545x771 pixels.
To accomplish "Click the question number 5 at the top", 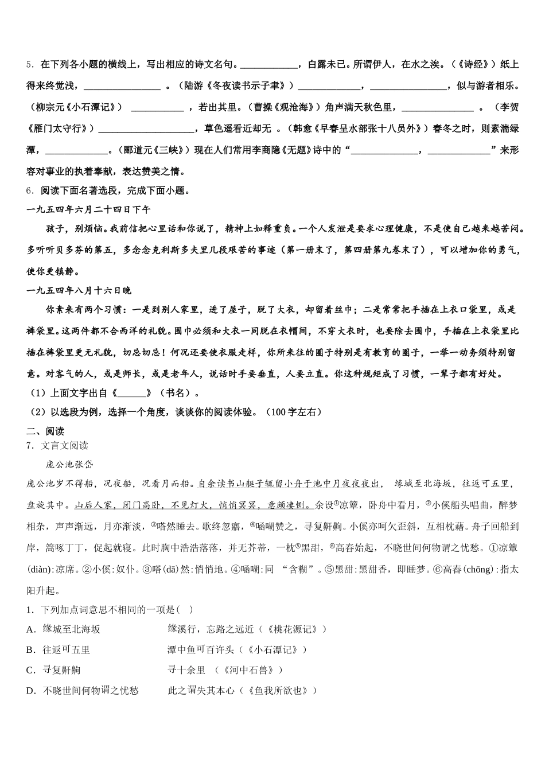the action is [29, 64].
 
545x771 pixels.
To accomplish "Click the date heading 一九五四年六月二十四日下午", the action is [88, 210].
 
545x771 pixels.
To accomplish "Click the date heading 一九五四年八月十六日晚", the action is [79, 291].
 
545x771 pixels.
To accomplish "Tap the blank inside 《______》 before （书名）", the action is [134, 394].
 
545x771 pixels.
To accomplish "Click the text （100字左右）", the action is [294, 412].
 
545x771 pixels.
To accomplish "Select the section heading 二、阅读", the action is [45, 431].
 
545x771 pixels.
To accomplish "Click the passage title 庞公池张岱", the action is [69, 464].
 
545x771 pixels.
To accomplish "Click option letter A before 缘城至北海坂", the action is [31, 629].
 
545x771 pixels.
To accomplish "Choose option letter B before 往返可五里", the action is [31, 649].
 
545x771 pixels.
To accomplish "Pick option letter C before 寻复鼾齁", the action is [31, 670].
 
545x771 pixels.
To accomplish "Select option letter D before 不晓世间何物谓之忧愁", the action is [31, 691].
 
